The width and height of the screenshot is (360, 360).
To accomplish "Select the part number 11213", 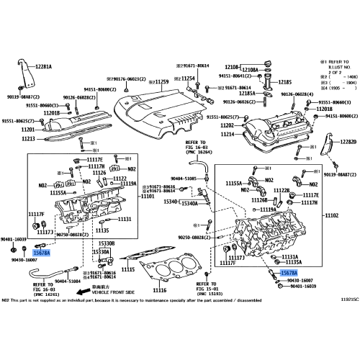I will (x=28, y=138).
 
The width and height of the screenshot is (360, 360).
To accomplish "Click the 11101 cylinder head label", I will (x=148, y=196).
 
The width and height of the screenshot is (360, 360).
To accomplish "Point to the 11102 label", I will (x=333, y=215).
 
